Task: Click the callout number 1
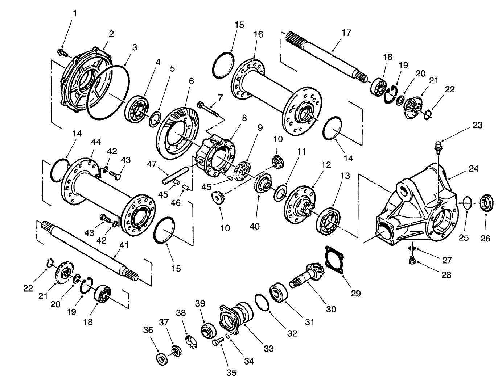click(x=75, y=13)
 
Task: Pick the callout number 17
click(x=346, y=33)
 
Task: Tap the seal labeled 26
click(x=486, y=203)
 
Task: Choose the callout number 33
click(x=268, y=348)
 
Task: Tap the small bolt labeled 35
click(x=217, y=341)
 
